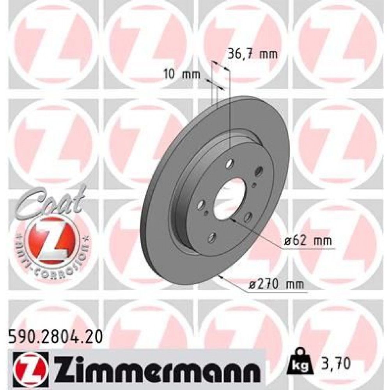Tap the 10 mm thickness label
click(x=181, y=74)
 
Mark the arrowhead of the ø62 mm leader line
click(x=232, y=220)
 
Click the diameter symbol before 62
click(x=288, y=242)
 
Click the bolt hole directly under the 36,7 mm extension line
click(x=230, y=161)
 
